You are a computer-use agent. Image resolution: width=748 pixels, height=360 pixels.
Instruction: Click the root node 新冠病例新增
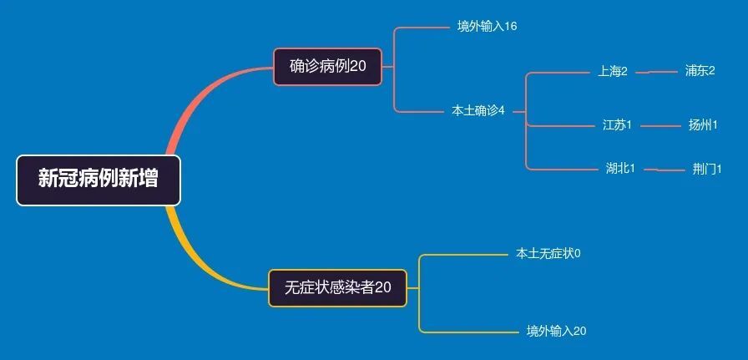(x=99, y=180)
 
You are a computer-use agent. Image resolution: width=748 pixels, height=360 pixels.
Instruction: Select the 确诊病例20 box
(x=328, y=66)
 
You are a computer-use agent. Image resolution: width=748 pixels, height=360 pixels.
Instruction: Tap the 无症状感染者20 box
(x=338, y=288)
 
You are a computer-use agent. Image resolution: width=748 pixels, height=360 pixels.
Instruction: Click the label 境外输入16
(x=487, y=27)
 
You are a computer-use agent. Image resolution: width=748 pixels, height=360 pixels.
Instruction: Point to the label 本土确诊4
(x=478, y=111)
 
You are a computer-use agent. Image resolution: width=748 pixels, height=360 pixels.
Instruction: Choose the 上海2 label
(x=613, y=72)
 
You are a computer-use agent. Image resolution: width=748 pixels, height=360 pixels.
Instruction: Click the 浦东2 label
(x=700, y=71)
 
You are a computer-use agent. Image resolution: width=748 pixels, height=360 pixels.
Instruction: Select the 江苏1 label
(x=617, y=125)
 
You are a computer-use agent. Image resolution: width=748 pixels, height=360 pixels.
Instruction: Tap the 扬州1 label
(x=703, y=125)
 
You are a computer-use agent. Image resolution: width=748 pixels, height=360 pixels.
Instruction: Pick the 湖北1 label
(x=620, y=169)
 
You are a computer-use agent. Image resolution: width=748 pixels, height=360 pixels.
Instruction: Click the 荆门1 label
(x=707, y=170)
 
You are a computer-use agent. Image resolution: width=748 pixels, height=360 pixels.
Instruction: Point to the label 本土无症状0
(x=548, y=254)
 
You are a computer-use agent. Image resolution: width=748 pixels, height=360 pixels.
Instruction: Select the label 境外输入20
(x=556, y=331)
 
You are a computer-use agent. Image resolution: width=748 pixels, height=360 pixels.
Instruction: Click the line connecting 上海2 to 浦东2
(x=657, y=73)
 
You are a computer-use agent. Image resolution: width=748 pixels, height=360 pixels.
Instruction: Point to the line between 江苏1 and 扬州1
(x=661, y=126)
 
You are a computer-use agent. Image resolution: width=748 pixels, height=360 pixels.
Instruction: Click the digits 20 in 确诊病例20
(x=358, y=66)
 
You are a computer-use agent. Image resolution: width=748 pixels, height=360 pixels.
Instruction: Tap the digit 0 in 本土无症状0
(x=578, y=254)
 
